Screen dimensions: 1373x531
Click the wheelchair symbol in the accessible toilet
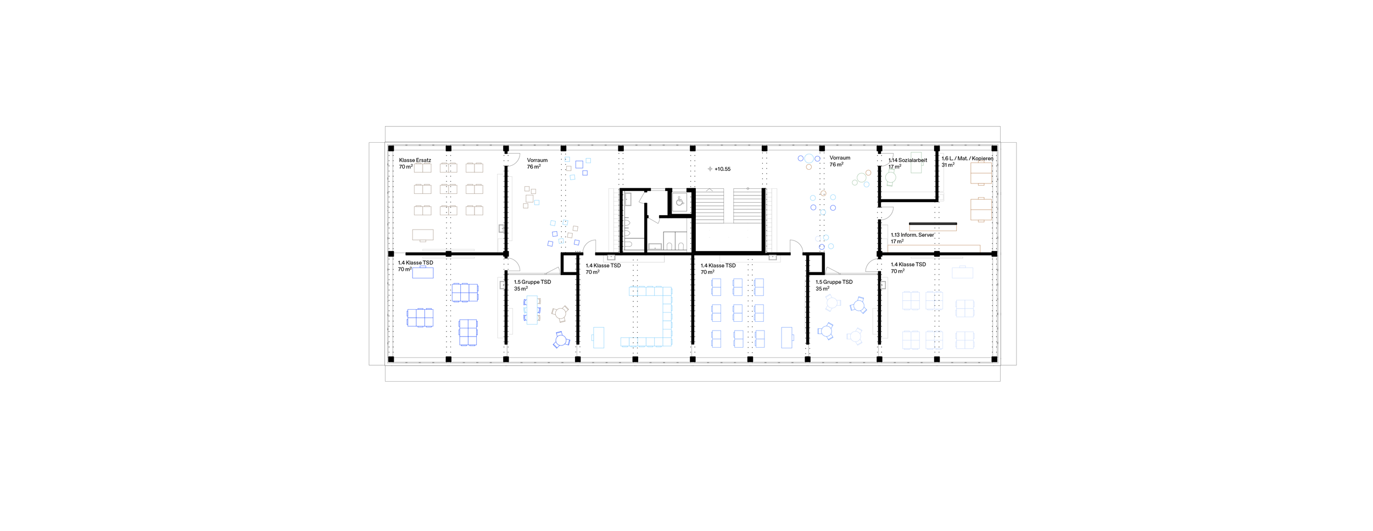pyautogui.click(x=680, y=202)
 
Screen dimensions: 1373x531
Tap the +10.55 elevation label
pyautogui.click(x=723, y=169)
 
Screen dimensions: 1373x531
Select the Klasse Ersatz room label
pyautogui.click(x=415, y=160)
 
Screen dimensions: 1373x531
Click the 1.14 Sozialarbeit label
pyautogui.click(x=908, y=160)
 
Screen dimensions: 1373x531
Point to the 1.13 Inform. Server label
pyautogui.click(x=912, y=235)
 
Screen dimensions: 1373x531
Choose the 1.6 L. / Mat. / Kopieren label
pyautogui.click(x=968, y=159)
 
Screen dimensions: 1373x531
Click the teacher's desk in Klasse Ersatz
pyautogui.click(x=423, y=236)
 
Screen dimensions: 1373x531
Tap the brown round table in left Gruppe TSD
pyautogui.click(x=560, y=314)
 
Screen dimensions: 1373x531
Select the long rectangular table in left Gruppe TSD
pyautogui.click(x=532, y=310)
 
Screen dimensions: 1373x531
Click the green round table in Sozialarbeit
pyautogui.click(x=891, y=177)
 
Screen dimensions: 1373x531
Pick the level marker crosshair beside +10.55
pyautogui.click(x=710, y=169)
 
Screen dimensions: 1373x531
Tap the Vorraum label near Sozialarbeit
pyautogui.click(x=840, y=158)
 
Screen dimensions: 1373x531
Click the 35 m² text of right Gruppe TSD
pyautogui.click(x=823, y=289)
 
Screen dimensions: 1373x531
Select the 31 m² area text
pyautogui.click(x=948, y=165)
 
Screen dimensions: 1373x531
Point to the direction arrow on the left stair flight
pyautogui.click(x=710, y=190)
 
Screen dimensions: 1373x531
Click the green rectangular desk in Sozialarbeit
pyautogui.click(x=916, y=163)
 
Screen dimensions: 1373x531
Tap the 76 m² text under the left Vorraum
pyautogui.click(x=534, y=167)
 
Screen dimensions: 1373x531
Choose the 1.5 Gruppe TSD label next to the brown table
pyautogui.click(x=533, y=282)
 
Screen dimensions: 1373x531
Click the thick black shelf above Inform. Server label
pyautogui.click(x=933, y=224)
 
